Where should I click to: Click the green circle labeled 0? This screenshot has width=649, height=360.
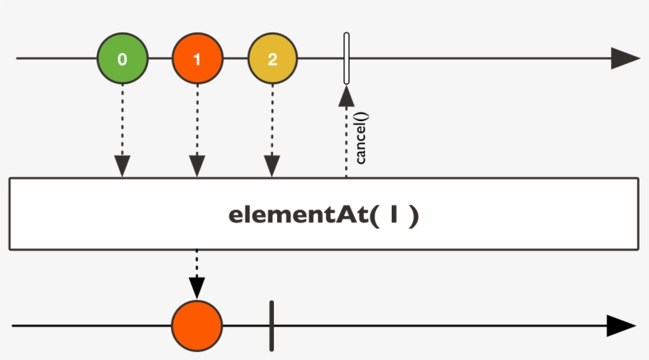[x=122, y=59]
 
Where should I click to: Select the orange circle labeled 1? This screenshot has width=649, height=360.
[x=197, y=59]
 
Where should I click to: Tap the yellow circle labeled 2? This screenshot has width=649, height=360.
[x=272, y=59]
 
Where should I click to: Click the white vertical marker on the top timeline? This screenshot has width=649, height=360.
[x=346, y=59]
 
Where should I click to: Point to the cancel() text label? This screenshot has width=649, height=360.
[x=361, y=138]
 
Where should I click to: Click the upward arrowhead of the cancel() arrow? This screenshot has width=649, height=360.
[x=346, y=96]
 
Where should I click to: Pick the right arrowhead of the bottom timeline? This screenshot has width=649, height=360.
[x=621, y=325]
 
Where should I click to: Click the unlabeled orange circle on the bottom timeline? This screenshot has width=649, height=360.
[x=197, y=325]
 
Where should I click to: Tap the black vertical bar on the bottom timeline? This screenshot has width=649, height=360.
[x=271, y=325]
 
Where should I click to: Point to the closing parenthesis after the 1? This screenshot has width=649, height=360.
[x=412, y=215]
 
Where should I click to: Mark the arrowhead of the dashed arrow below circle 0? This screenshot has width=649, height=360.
[x=122, y=166]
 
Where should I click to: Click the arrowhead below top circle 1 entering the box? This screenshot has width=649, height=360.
[x=197, y=166]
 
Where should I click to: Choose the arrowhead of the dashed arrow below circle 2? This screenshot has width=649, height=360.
[x=272, y=166]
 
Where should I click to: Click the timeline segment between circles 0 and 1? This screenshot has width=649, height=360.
[x=160, y=59]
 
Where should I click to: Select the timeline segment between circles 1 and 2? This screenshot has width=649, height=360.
[x=235, y=59]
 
